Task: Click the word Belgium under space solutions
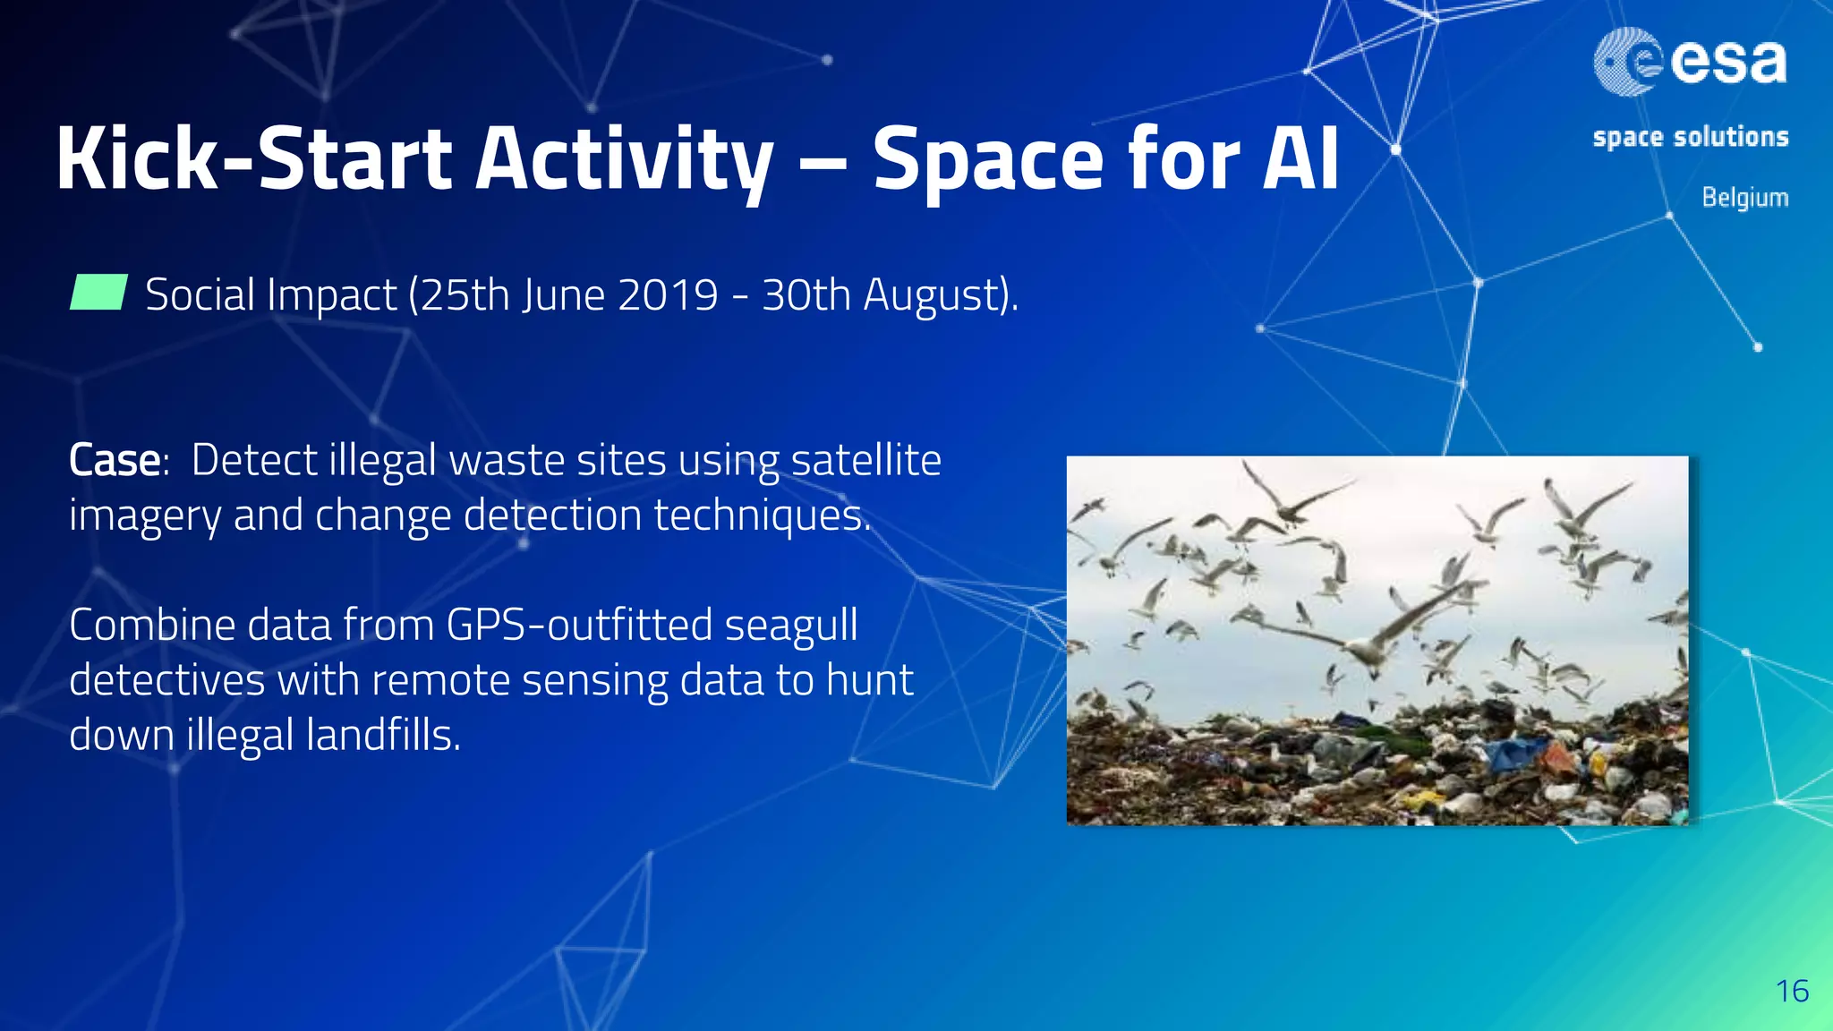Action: (x=1744, y=197)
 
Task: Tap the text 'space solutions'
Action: (x=1690, y=137)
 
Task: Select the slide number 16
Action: (x=1792, y=991)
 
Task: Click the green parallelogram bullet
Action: (x=98, y=293)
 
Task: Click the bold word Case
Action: (x=115, y=461)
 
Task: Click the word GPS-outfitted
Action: (x=579, y=625)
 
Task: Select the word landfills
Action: (x=382, y=736)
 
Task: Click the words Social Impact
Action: (x=270, y=294)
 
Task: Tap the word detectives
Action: (x=166, y=680)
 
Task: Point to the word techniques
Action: (x=762, y=516)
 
